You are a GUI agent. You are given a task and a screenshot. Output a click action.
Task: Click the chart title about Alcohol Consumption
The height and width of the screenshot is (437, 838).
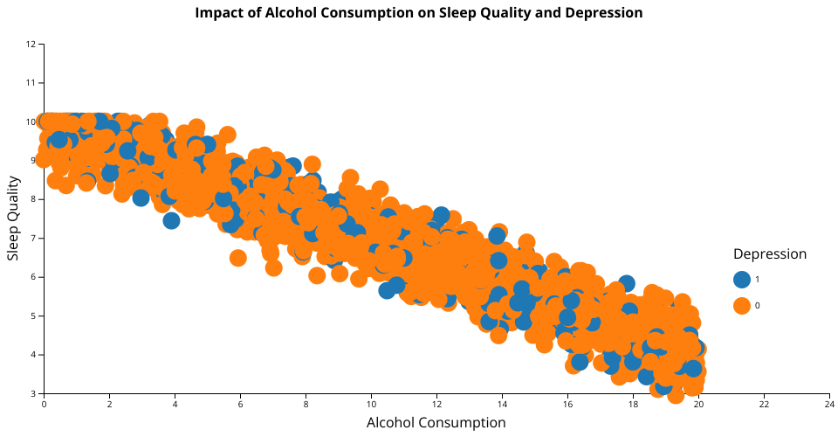419,13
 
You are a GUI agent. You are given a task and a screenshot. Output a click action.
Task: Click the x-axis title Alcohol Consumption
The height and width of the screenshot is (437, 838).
436,423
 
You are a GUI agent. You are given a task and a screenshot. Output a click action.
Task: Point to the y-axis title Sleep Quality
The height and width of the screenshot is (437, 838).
13,218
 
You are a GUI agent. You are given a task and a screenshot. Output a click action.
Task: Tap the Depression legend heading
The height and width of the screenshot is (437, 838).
769,254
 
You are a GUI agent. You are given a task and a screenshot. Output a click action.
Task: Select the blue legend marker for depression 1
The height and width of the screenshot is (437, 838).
742,280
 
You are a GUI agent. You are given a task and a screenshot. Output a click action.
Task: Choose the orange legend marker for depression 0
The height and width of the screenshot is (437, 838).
742,305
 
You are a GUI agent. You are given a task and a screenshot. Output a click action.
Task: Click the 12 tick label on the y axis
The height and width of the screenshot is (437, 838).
31,44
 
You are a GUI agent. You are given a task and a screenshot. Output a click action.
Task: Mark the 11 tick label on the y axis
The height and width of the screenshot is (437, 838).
31,83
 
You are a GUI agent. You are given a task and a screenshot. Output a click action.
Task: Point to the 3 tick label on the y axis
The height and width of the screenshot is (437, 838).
34,393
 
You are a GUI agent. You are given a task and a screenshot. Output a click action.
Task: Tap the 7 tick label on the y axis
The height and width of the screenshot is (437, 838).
34,238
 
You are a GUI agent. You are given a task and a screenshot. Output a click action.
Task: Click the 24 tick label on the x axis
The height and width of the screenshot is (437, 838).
828,405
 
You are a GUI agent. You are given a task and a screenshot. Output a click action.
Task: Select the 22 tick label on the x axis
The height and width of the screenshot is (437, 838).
763,405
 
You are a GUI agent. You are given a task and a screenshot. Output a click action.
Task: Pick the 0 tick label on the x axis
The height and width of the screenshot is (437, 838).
44,405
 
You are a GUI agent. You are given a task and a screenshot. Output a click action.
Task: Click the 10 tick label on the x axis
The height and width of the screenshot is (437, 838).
371,405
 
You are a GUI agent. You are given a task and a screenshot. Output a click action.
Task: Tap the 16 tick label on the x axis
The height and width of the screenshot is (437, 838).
567,405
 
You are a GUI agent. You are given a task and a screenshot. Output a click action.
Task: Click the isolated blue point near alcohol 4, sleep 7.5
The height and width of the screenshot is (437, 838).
171,220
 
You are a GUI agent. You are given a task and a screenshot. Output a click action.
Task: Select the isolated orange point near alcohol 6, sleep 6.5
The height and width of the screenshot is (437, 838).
238,258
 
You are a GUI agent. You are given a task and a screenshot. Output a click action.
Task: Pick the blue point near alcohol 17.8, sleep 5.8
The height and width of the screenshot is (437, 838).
626,283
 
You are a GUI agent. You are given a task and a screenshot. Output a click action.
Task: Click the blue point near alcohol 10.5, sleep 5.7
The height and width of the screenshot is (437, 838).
387,290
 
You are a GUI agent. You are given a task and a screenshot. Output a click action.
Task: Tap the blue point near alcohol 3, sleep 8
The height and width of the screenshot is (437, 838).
141,198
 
